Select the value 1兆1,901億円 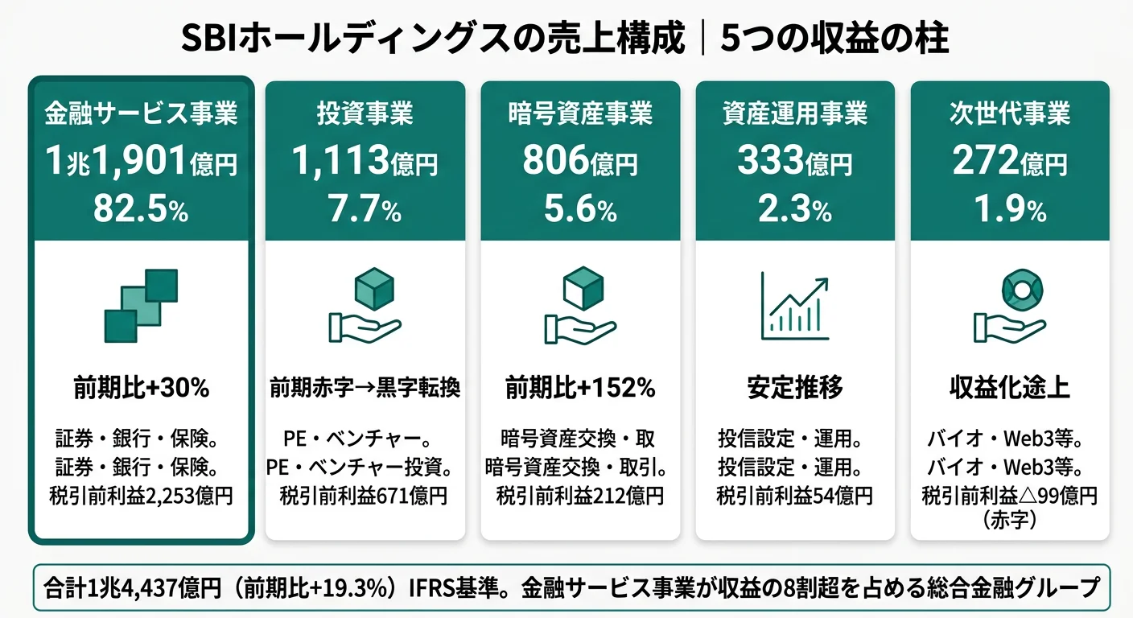(x=141, y=163)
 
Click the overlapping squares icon (x=141, y=306)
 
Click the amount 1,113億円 (x=365, y=163)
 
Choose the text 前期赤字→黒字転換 (x=365, y=389)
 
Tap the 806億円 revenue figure (x=579, y=163)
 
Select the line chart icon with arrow (x=794, y=306)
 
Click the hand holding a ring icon (x=1009, y=306)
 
